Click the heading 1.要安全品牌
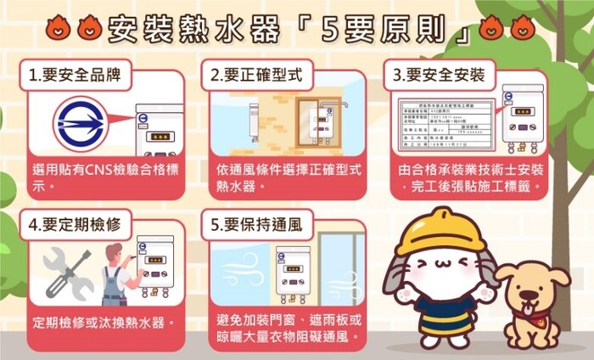(80, 76)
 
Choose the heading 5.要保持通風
(255, 226)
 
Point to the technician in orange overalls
(114, 275)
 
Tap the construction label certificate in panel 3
(446, 122)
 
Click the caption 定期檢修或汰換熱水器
(104, 323)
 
